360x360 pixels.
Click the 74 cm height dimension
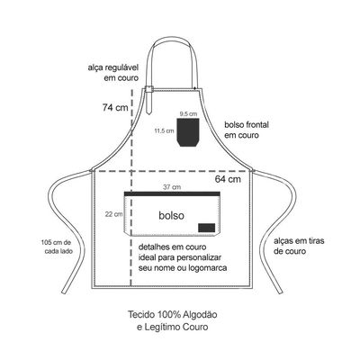[115, 107]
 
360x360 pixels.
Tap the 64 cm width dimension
[228, 179]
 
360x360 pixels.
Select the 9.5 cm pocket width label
[188, 114]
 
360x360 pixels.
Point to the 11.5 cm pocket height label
[164, 130]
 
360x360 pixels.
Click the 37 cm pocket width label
[172, 187]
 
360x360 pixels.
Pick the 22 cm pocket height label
[113, 214]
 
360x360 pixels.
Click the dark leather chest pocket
[188, 132]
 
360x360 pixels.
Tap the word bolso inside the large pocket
[172, 215]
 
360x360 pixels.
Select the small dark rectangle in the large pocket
[206, 228]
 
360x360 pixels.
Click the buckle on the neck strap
[149, 89]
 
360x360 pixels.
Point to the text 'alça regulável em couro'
[113, 73]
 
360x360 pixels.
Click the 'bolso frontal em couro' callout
[247, 130]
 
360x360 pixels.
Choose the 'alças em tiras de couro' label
[299, 246]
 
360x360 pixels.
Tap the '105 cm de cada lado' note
[58, 247]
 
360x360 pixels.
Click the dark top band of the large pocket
[172, 193]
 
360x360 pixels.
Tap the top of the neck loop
[174, 39]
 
